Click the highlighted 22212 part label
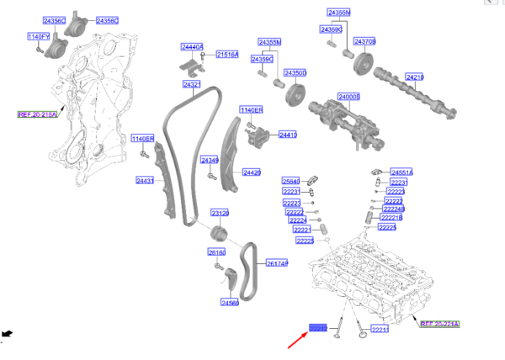(318, 327)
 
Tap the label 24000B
(348, 97)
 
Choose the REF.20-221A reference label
(440, 323)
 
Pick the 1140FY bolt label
(39, 37)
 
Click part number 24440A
(192, 47)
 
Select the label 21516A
(227, 55)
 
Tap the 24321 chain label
(192, 85)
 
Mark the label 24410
(288, 135)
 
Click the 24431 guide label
(146, 180)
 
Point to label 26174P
(277, 263)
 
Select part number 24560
(230, 302)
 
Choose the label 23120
(221, 213)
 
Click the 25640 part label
(290, 181)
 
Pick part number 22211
(380, 329)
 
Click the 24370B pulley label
(364, 41)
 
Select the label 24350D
(295, 73)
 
